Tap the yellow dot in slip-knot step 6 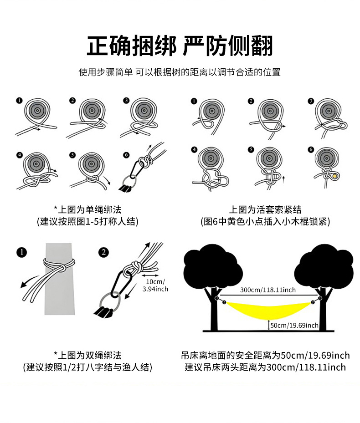pyautogui.click(x=335, y=176)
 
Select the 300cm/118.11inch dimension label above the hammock pyautogui.click(x=268, y=290)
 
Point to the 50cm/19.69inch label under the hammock pyautogui.click(x=294, y=325)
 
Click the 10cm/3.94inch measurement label pyautogui.click(x=155, y=285)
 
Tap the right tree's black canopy pyautogui.click(x=326, y=266)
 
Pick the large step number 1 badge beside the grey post pyautogui.click(x=21, y=252)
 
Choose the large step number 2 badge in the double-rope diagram pyautogui.click(x=104, y=252)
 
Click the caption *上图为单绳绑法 pyautogui.click(x=87, y=210)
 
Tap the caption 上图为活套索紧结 pyautogui.click(x=265, y=210)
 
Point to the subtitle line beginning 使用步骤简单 pyautogui.click(x=180, y=72)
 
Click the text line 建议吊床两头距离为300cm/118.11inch pyautogui.click(x=265, y=367)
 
